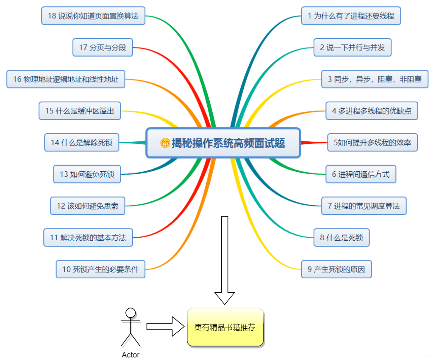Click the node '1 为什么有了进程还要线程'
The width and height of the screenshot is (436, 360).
click(x=351, y=16)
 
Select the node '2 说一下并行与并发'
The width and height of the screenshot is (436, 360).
click(x=352, y=47)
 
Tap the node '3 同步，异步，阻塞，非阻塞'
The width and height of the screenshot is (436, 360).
click(x=375, y=79)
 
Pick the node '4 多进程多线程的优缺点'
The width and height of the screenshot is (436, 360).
click(x=372, y=111)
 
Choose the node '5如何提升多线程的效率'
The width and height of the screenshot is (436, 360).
click(x=372, y=143)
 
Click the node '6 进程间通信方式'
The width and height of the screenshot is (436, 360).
click(x=361, y=174)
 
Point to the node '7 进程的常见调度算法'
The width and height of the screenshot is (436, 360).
click(x=364, y=206)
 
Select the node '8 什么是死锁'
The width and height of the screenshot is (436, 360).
click(x=342, y=238)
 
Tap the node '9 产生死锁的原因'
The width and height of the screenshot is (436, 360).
click(x=336, y=269)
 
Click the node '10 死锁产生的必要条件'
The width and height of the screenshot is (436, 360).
click(x=100, y=269)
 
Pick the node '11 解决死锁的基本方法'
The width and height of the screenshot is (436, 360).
click(x=88, y=238)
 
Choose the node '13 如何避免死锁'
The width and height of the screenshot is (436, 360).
click(x=87, y=174)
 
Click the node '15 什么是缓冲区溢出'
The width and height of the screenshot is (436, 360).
click(x=80, y=111)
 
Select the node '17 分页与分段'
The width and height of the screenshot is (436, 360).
click(x=103, y=47)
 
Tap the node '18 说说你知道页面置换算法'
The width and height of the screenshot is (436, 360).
click(x=93, y=16)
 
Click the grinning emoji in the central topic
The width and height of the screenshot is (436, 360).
click(x=165, y=143)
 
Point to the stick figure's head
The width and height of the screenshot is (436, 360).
click(x=131, y=313)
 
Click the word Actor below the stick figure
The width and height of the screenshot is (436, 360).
click(x=131, y=355)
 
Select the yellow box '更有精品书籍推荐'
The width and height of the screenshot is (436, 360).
click(x=225, y=327)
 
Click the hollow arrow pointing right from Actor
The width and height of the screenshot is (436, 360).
click(x=165, y=327)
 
